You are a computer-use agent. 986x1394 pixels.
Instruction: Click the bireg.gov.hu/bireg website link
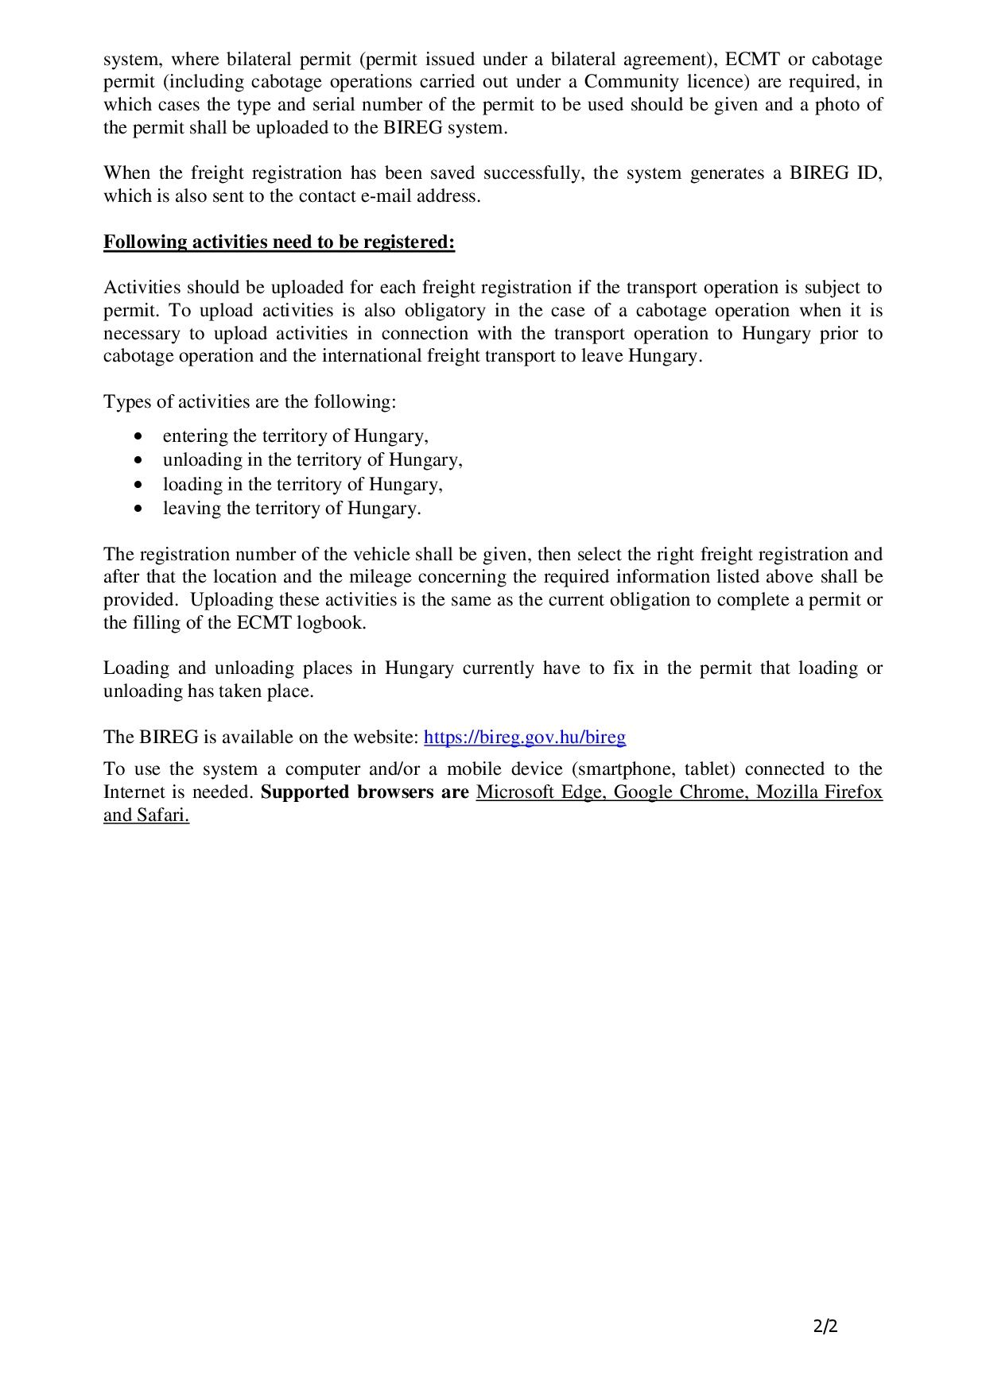pyautogui.click(x=525, y=737)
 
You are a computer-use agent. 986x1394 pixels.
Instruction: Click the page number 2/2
pyautogui.click(x=825, y=1326)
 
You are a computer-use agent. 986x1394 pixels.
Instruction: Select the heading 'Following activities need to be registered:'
pyautogui.click(x=279, y=242)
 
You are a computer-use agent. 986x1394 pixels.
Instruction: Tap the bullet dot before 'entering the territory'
pyautogui.click(x=140, y=436)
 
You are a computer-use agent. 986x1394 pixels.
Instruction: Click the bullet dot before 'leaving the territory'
pyautogui.click(x=140, y=509)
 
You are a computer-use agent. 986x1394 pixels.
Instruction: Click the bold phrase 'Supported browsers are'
pyautogui.click(x=364, y=792)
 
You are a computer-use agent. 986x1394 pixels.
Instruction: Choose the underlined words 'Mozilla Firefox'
pyautogui.click(x=819, y=792)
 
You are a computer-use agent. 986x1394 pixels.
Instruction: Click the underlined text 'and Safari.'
pyautogui.click(x=146, y=815)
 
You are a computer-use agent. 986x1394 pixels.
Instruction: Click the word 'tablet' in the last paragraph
pyautogui.click(x=709, y=769)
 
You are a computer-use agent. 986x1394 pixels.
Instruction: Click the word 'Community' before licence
pyautogui.click(x=631, y=81)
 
